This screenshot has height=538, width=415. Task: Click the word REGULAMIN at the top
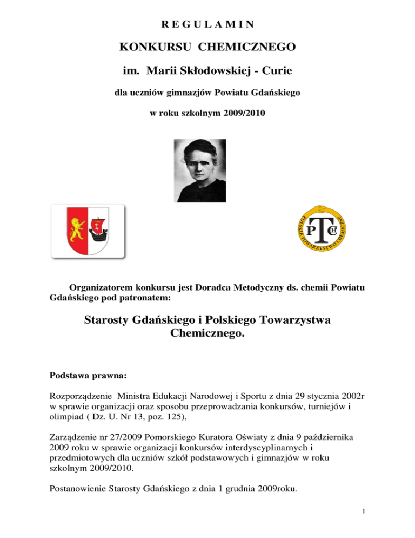tap(208, 25)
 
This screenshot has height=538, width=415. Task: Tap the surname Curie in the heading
tap(277, 73)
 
